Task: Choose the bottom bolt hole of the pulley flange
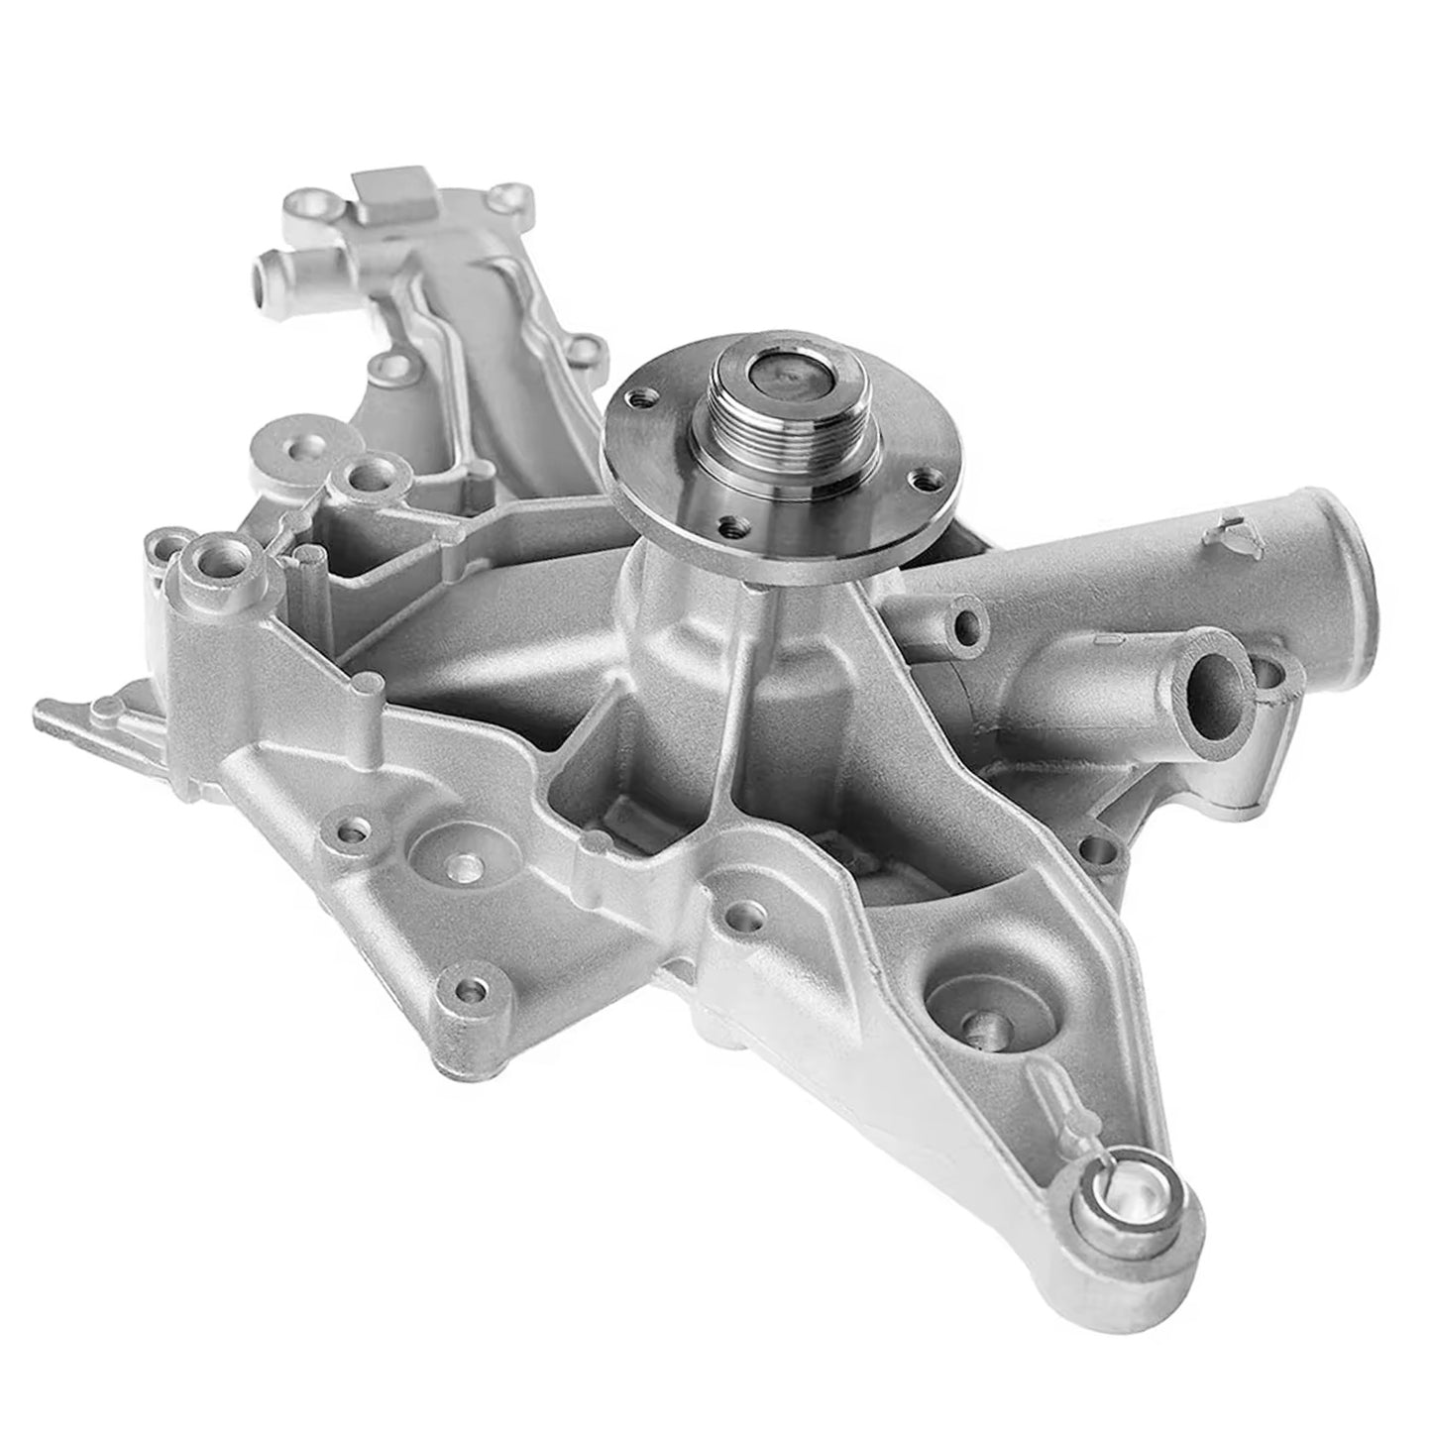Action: tap(730, 525)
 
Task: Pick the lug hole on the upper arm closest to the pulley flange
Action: tap(587, 350)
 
